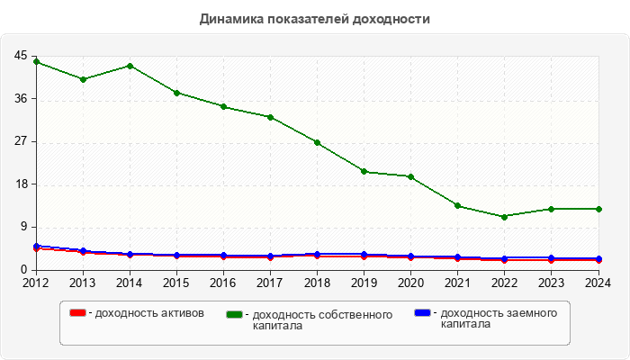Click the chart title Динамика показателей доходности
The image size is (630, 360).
pyautogui.click(x=314, y=19)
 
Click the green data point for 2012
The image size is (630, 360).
pyautogui.click(x=36, y=61)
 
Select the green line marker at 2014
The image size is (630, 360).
pyautogui.click(x=130, y=66)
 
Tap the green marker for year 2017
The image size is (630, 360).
pyautogui.click(x=270, y=117)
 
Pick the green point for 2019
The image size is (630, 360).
pyautogui.click(x=364, y=171)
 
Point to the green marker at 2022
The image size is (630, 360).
pyautogui.click(x=504, y=217)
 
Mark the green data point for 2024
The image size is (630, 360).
pyautogui.click(x=598, y=209)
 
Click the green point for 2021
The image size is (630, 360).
pyautogui.click(x=457, y=206)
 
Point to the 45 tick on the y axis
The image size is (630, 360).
pyautogui.click(x=21, y=56)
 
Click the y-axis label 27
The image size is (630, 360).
pyautogui.click(x=21, y=141)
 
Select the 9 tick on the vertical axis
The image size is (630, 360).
pyautogui.click(x=23, y=227)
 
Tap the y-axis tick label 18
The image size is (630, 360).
pyautogui.click(x=21, y=184)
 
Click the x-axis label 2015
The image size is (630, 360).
pyautogui.click(x=176, y=283)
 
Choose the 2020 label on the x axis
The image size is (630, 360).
pyautogui.click(x=410, y=283)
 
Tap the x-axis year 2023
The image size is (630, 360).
pyautogui.click(x=551, y=283)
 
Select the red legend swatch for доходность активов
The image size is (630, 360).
pyautogui.click(x=77, y=313)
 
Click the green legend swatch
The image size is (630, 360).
pyautogui.click(x=236, y=314)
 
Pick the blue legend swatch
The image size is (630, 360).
pyautogui.click(x=422, y=313)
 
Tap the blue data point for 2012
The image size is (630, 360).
pyautogui.click(x=36, y=246)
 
